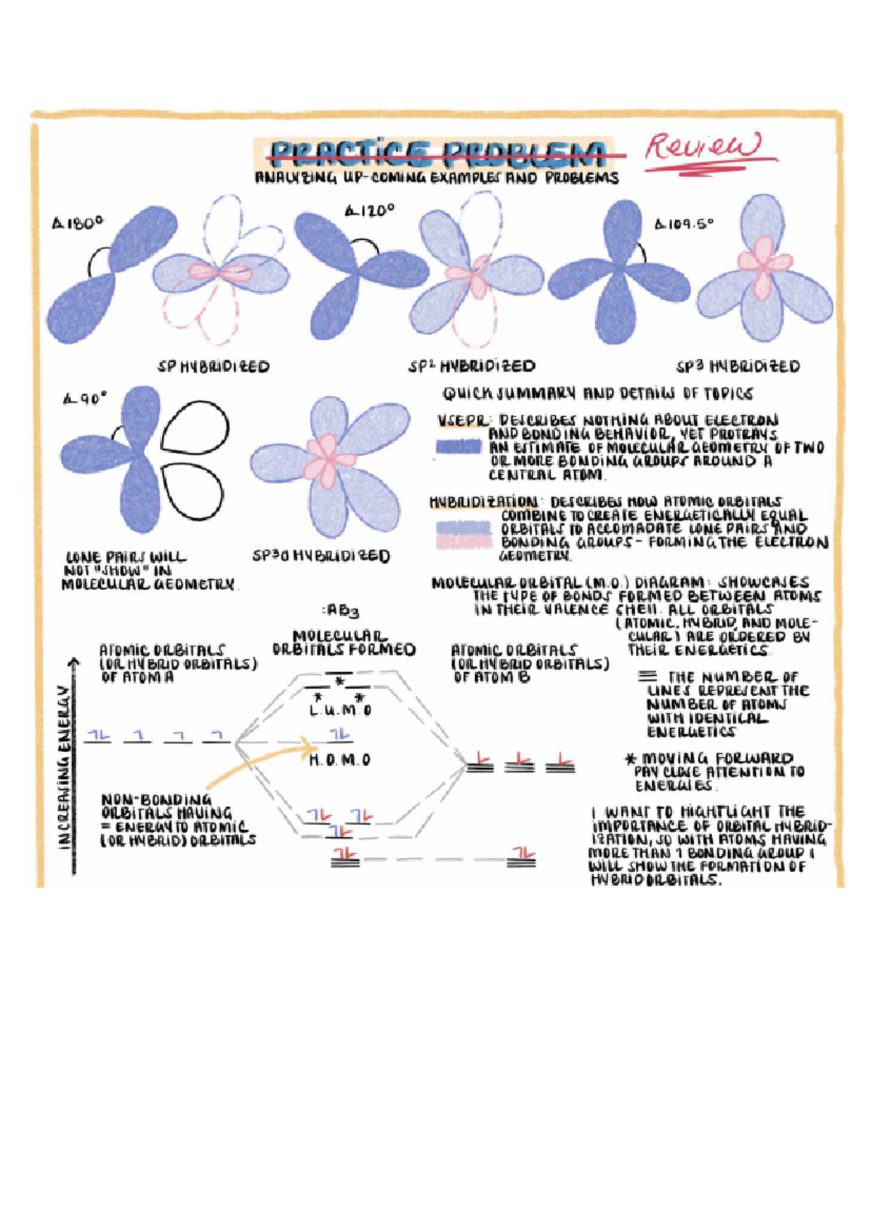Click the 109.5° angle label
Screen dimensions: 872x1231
coord(685,224)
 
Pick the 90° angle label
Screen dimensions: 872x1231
coord(85,398)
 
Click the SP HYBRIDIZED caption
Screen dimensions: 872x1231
coord(214,367)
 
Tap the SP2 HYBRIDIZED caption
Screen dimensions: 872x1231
coord(472,366)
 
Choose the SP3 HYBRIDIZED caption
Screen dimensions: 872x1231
coord(738,366)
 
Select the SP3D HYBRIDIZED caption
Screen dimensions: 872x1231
coord(320,557)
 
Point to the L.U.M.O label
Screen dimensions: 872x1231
coord(340,711)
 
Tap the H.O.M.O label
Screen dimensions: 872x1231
coord(340,760)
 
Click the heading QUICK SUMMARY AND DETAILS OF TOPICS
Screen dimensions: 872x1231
coord(597,394)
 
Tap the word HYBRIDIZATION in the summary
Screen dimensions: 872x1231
coord(484,501)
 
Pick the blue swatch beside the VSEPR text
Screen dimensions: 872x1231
coord(458,447)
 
